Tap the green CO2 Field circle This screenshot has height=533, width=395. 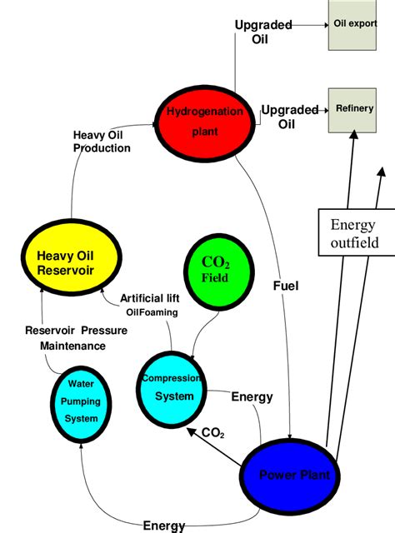point(215,271)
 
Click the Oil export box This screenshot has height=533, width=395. point(353,24)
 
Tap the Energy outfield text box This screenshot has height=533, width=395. point(354,234)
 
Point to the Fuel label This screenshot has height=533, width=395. point(286,286)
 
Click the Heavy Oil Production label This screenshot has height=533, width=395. point(102,142)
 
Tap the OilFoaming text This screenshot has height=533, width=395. point(150,313)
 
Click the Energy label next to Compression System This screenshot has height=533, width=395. point(251,397)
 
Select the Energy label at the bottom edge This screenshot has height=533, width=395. point(164,526)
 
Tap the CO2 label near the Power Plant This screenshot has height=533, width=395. point(213,433)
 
